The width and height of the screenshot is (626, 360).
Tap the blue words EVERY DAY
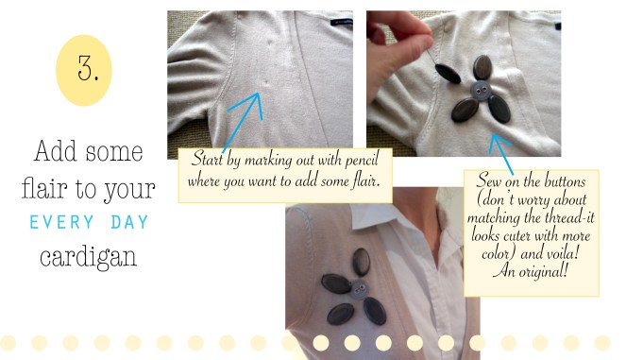89,222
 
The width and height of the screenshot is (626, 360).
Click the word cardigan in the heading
88,257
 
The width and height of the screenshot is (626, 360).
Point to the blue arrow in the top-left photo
243,122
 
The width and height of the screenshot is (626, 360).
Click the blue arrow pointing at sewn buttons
500,154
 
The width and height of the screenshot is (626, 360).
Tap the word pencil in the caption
362,161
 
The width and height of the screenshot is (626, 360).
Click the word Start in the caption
207,159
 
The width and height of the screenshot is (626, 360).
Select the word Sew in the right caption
489,180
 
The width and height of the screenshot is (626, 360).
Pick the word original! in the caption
543,272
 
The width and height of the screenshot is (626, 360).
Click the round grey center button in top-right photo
479,91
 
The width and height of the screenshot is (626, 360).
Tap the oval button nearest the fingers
448,74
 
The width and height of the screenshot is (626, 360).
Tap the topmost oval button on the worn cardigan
361,262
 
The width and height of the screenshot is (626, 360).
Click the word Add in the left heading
55,152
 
